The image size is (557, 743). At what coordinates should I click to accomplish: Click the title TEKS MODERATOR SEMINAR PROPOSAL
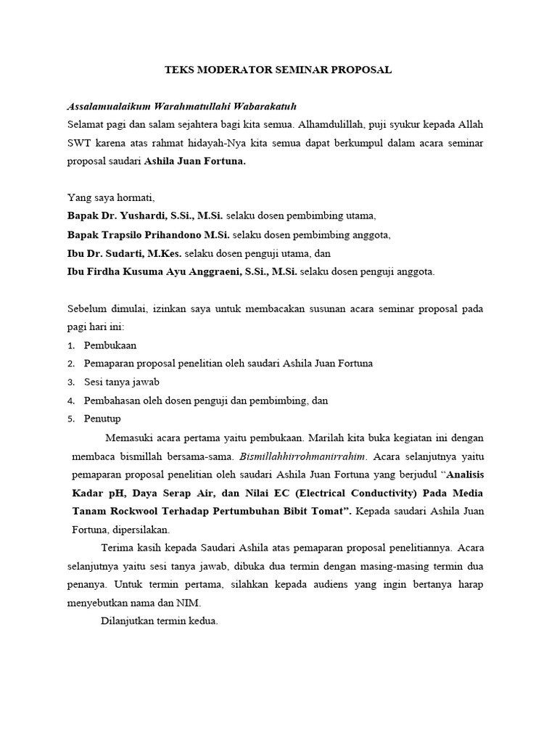278,70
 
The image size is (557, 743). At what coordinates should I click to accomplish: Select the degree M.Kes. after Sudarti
165,253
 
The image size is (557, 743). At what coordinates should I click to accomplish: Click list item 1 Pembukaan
110,345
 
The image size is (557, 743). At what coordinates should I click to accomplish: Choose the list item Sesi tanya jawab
121,382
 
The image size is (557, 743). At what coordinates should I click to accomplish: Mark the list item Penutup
102,419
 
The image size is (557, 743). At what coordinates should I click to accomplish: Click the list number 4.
71,401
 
